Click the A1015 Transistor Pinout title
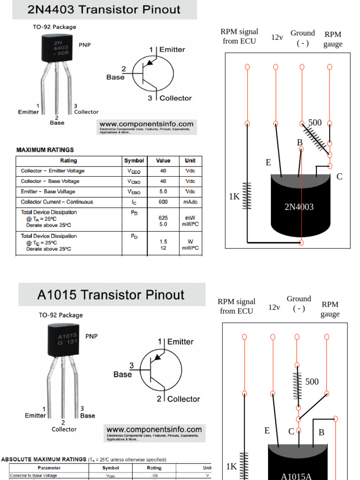(x=111, y=295)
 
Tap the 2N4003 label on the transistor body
(x=299, y=207)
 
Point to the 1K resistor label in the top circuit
(x=234, y=197)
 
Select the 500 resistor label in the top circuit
(x=315, y=123)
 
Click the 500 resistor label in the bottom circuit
(x=312, y=382)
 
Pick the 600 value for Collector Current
(x=163, y=202)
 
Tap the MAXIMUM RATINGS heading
(x=45, y=150)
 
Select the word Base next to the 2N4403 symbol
(x=115, y=77)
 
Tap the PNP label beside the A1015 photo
(x=91, y=337)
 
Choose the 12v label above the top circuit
(x=277, y=37)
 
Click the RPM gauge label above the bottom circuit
(x=330, y=309)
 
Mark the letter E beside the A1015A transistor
(x=267, y=431)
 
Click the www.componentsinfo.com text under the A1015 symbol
(x=154, y=429)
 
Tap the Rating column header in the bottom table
(x=154, y=468)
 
